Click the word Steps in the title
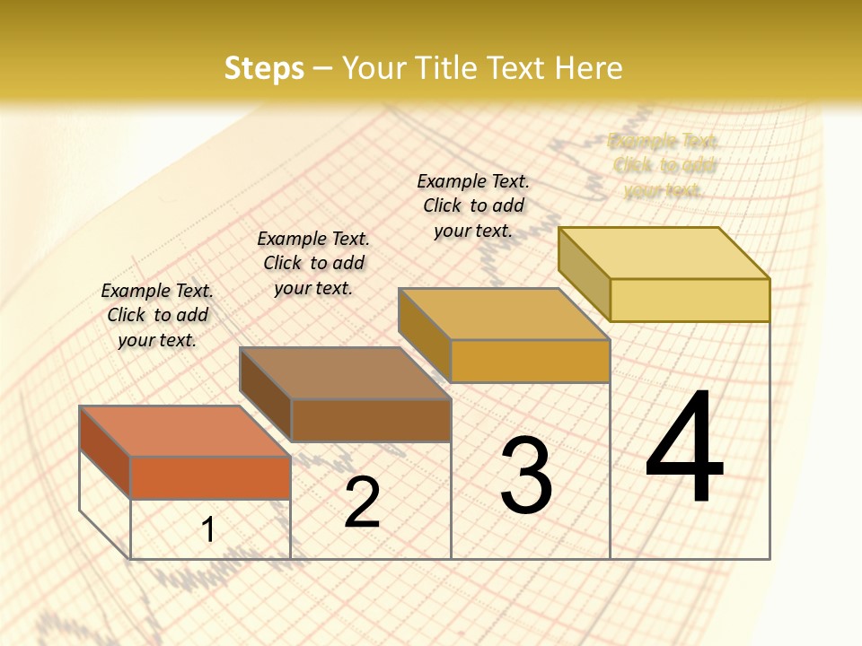(x=264, y=68)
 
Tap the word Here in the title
(x=588, y=68)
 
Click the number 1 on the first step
(x=208, y=529)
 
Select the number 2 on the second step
(x=362, y=502)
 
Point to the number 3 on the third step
(x=526, y=476)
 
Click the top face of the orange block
(x=185, y=431)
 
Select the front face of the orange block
(x=210, y=477)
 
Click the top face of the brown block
(x=345, y=372)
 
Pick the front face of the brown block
(x=371, y=420)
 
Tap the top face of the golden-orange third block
(x=505, y=314)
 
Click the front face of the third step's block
(x=530, y=361)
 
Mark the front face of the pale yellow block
(x=690, y=300)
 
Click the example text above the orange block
(x=157, y=315)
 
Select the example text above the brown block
(x=313, y=263)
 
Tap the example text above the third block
(x=473, y=205)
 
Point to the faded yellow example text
(x=664, y=165)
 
